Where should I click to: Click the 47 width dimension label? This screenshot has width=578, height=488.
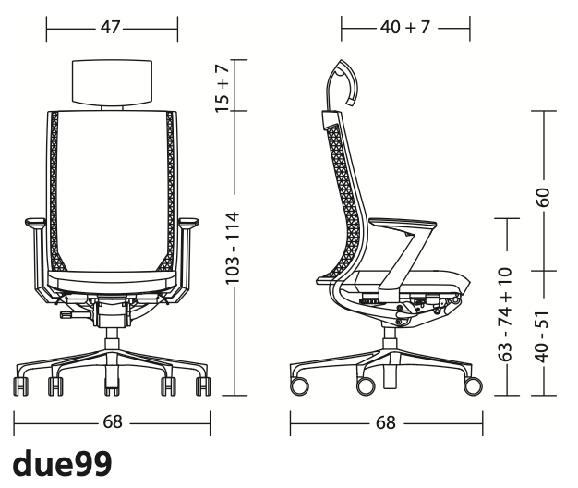point(111,27)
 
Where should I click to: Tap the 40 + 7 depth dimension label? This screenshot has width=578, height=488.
point(405,27)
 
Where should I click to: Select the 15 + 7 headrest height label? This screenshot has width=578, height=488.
point(223,90)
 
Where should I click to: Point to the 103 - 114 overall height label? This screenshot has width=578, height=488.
point(233,248)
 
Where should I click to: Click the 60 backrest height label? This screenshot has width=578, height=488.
point(543,197)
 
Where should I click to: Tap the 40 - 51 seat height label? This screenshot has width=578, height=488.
point(543,336)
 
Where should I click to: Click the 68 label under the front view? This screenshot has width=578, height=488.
point(113,422)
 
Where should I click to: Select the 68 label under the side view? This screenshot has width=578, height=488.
point(386,422)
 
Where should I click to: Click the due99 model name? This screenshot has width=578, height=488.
point(62,463)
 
